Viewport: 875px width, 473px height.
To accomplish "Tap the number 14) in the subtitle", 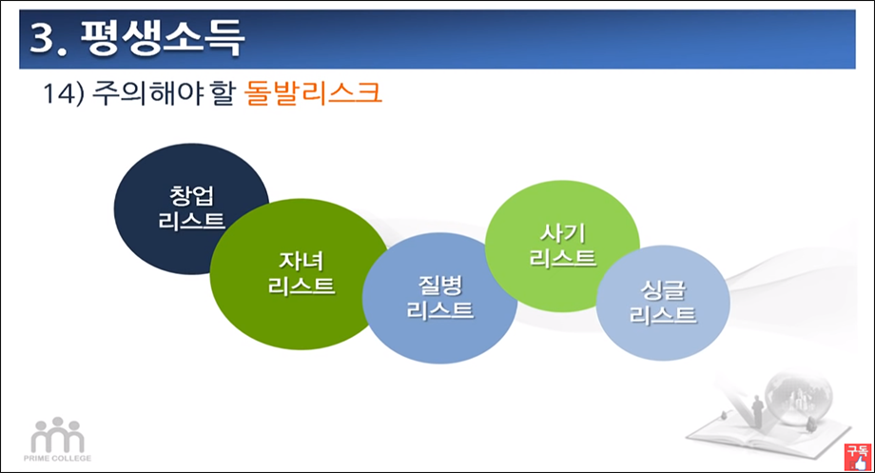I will tap(65, 95).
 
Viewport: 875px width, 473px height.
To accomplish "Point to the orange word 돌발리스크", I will tap(313, 95).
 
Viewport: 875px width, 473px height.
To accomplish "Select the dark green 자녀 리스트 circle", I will tap(290, 271).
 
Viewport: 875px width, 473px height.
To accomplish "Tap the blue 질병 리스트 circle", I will tap(439, 297).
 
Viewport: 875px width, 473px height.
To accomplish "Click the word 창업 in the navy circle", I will tap(193, 197).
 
